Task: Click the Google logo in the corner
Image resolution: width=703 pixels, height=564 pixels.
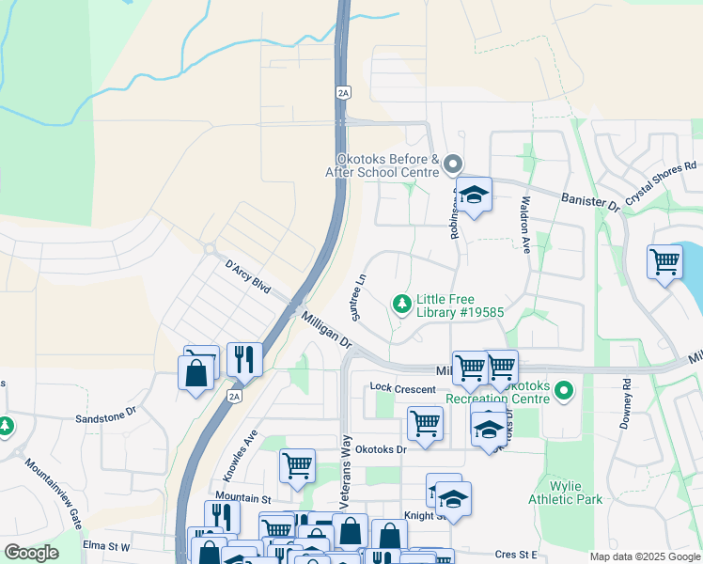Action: pyautogui.click(x=31, y=553)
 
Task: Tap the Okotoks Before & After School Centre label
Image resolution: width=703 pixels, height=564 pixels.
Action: pyautogui.click(x=383, y=166)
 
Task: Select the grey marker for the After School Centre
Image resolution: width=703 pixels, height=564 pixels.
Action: pyautogui.click(x=453, y=165)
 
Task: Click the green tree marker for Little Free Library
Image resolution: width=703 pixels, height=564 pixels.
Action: pyautogui.click(x=402, y=303)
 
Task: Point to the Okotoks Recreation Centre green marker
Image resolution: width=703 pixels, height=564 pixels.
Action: pyautogui.click(x=564, y=388)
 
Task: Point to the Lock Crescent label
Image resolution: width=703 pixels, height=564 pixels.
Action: pyautogui.click(x=402, y=388)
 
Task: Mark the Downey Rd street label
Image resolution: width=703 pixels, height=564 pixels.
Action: pyautogui.click(x=626, y=402)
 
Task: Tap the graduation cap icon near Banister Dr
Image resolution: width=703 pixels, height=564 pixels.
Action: pyautogui.click(x=474, y=195)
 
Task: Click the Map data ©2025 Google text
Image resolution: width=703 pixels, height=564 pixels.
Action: pyautogui.click(x=644, y=556)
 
